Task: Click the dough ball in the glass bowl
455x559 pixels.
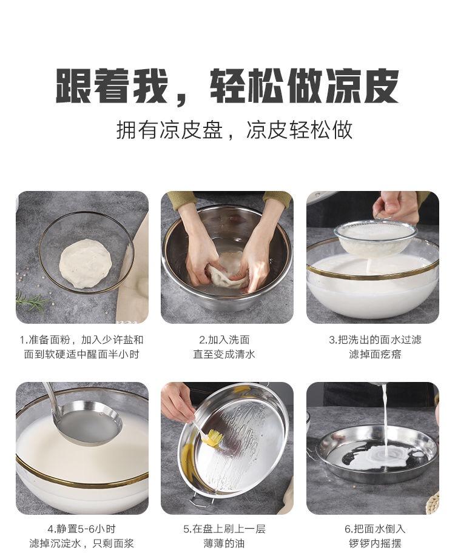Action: click(86, 263)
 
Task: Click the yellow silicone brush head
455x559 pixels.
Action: click(213, 437)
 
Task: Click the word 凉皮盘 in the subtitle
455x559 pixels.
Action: click(191, 130)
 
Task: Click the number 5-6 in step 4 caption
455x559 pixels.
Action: click(83, 529)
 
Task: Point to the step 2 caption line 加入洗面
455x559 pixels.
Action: click(224, 340)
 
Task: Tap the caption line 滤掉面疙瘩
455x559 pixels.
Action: click(375, 354)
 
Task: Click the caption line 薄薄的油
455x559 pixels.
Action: click(224, 544)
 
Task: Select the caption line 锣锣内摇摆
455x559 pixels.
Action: click(375, 544)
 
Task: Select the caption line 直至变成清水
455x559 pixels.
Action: click(224, 354)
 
